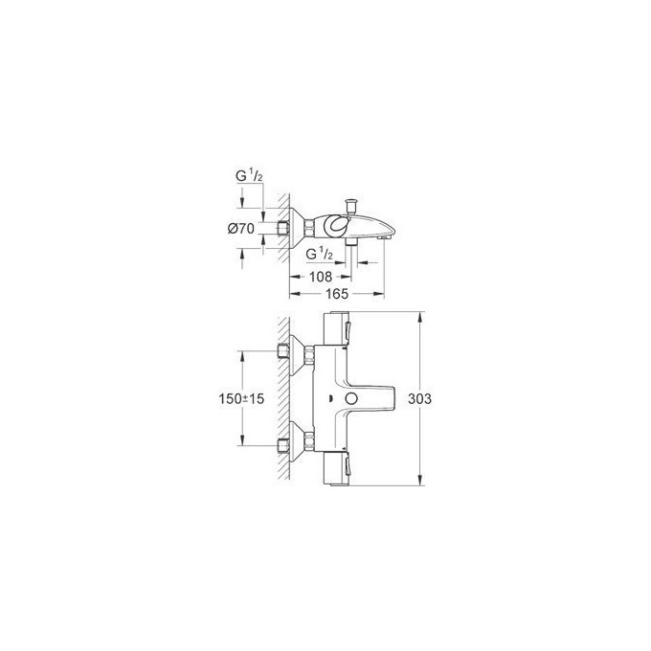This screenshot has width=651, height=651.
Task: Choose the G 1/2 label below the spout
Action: [x=319, y=256]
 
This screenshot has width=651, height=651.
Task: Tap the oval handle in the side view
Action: [x=338, y=227]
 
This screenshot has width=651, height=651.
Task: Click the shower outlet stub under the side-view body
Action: [x=352, y=246]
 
